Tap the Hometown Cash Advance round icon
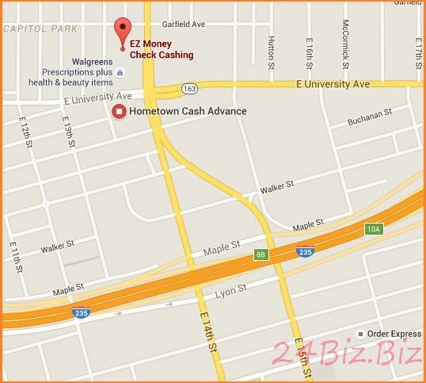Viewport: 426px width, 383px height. coord(120,111)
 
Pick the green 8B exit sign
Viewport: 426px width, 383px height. coord(261,254)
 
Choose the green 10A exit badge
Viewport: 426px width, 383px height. coord(374,229)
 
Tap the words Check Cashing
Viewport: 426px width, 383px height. coord(163,56)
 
